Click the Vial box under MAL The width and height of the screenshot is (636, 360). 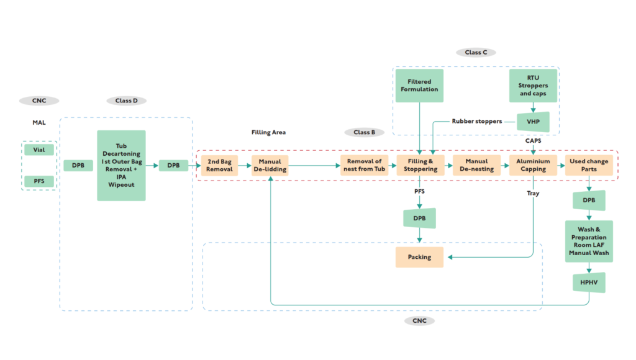39,150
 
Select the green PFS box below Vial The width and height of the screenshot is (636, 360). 39,181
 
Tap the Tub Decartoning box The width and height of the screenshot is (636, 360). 121,166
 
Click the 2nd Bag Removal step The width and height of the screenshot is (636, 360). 219,165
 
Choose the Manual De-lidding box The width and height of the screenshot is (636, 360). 270,165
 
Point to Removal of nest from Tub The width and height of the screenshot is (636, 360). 365,165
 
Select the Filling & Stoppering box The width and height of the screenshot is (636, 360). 420,165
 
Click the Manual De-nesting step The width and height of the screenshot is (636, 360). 476,165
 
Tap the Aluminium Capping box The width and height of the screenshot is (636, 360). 533,165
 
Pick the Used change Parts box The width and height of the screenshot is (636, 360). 588,165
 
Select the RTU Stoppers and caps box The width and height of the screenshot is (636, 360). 533,86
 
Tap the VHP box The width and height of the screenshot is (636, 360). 533,122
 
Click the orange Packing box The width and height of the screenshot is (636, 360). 419,257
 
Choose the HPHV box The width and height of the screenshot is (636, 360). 588,283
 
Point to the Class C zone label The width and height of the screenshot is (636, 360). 476,53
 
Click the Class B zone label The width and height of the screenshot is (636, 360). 365,132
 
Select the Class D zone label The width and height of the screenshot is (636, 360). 126,101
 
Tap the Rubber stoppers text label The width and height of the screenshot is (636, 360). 476,121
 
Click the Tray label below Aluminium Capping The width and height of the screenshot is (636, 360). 533,194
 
